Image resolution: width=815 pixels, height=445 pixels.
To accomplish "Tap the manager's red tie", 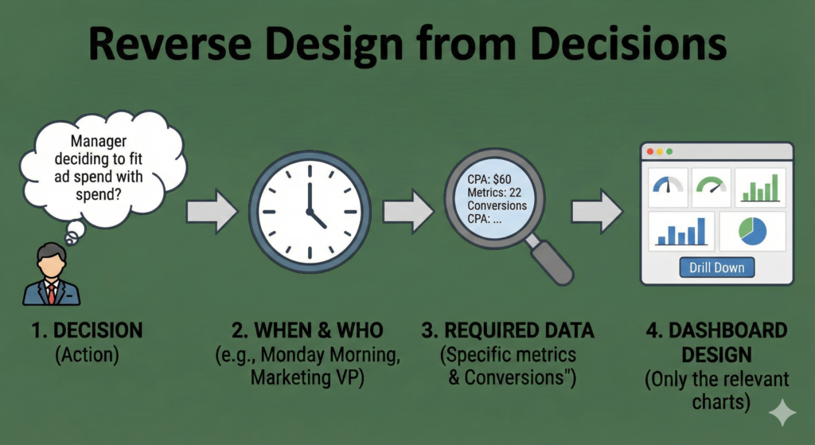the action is pos(52,294).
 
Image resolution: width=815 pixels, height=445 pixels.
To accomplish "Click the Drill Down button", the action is pos(717,267).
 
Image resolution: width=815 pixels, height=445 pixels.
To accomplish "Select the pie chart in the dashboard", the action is pos(753,232).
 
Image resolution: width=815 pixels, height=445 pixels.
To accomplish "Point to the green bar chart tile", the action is pos(760,188).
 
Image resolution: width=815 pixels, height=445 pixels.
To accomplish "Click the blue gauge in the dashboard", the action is pos(669,185).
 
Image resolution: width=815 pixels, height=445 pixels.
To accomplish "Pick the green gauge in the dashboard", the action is pos(711,185).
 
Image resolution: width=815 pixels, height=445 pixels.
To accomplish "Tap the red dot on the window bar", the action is pos(649,151).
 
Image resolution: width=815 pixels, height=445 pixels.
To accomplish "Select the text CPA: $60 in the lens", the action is pos(489,180).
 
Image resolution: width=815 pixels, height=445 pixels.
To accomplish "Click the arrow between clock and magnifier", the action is pos(408,211).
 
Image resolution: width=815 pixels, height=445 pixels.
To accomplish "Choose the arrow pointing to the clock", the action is pos(212,211).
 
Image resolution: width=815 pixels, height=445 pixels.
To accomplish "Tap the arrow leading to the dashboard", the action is pos(597,211).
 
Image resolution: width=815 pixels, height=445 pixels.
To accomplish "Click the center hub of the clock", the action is pos(310,212).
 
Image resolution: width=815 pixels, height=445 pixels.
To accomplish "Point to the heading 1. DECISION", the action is pos(87,330).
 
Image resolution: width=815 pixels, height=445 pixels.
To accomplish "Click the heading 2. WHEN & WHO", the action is pos(307,330).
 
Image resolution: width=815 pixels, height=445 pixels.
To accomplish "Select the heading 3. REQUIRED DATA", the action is pos(507,330).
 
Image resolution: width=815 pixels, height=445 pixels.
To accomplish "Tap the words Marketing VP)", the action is pos(307,377).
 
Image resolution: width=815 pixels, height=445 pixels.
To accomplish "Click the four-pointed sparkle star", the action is pos(782,413).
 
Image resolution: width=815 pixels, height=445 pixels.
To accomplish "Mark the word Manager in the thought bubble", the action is pos(99,141).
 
